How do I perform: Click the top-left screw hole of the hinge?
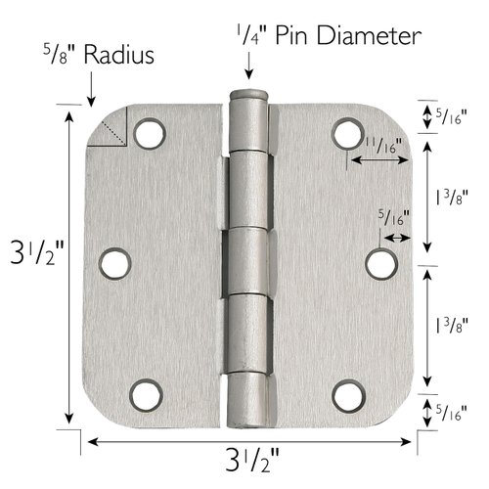pos(150,132)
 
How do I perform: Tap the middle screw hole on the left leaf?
pos(115,262)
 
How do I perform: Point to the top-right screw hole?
pos(347,133)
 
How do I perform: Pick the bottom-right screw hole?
pos(347,394)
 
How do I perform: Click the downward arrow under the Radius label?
pos(90,89)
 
